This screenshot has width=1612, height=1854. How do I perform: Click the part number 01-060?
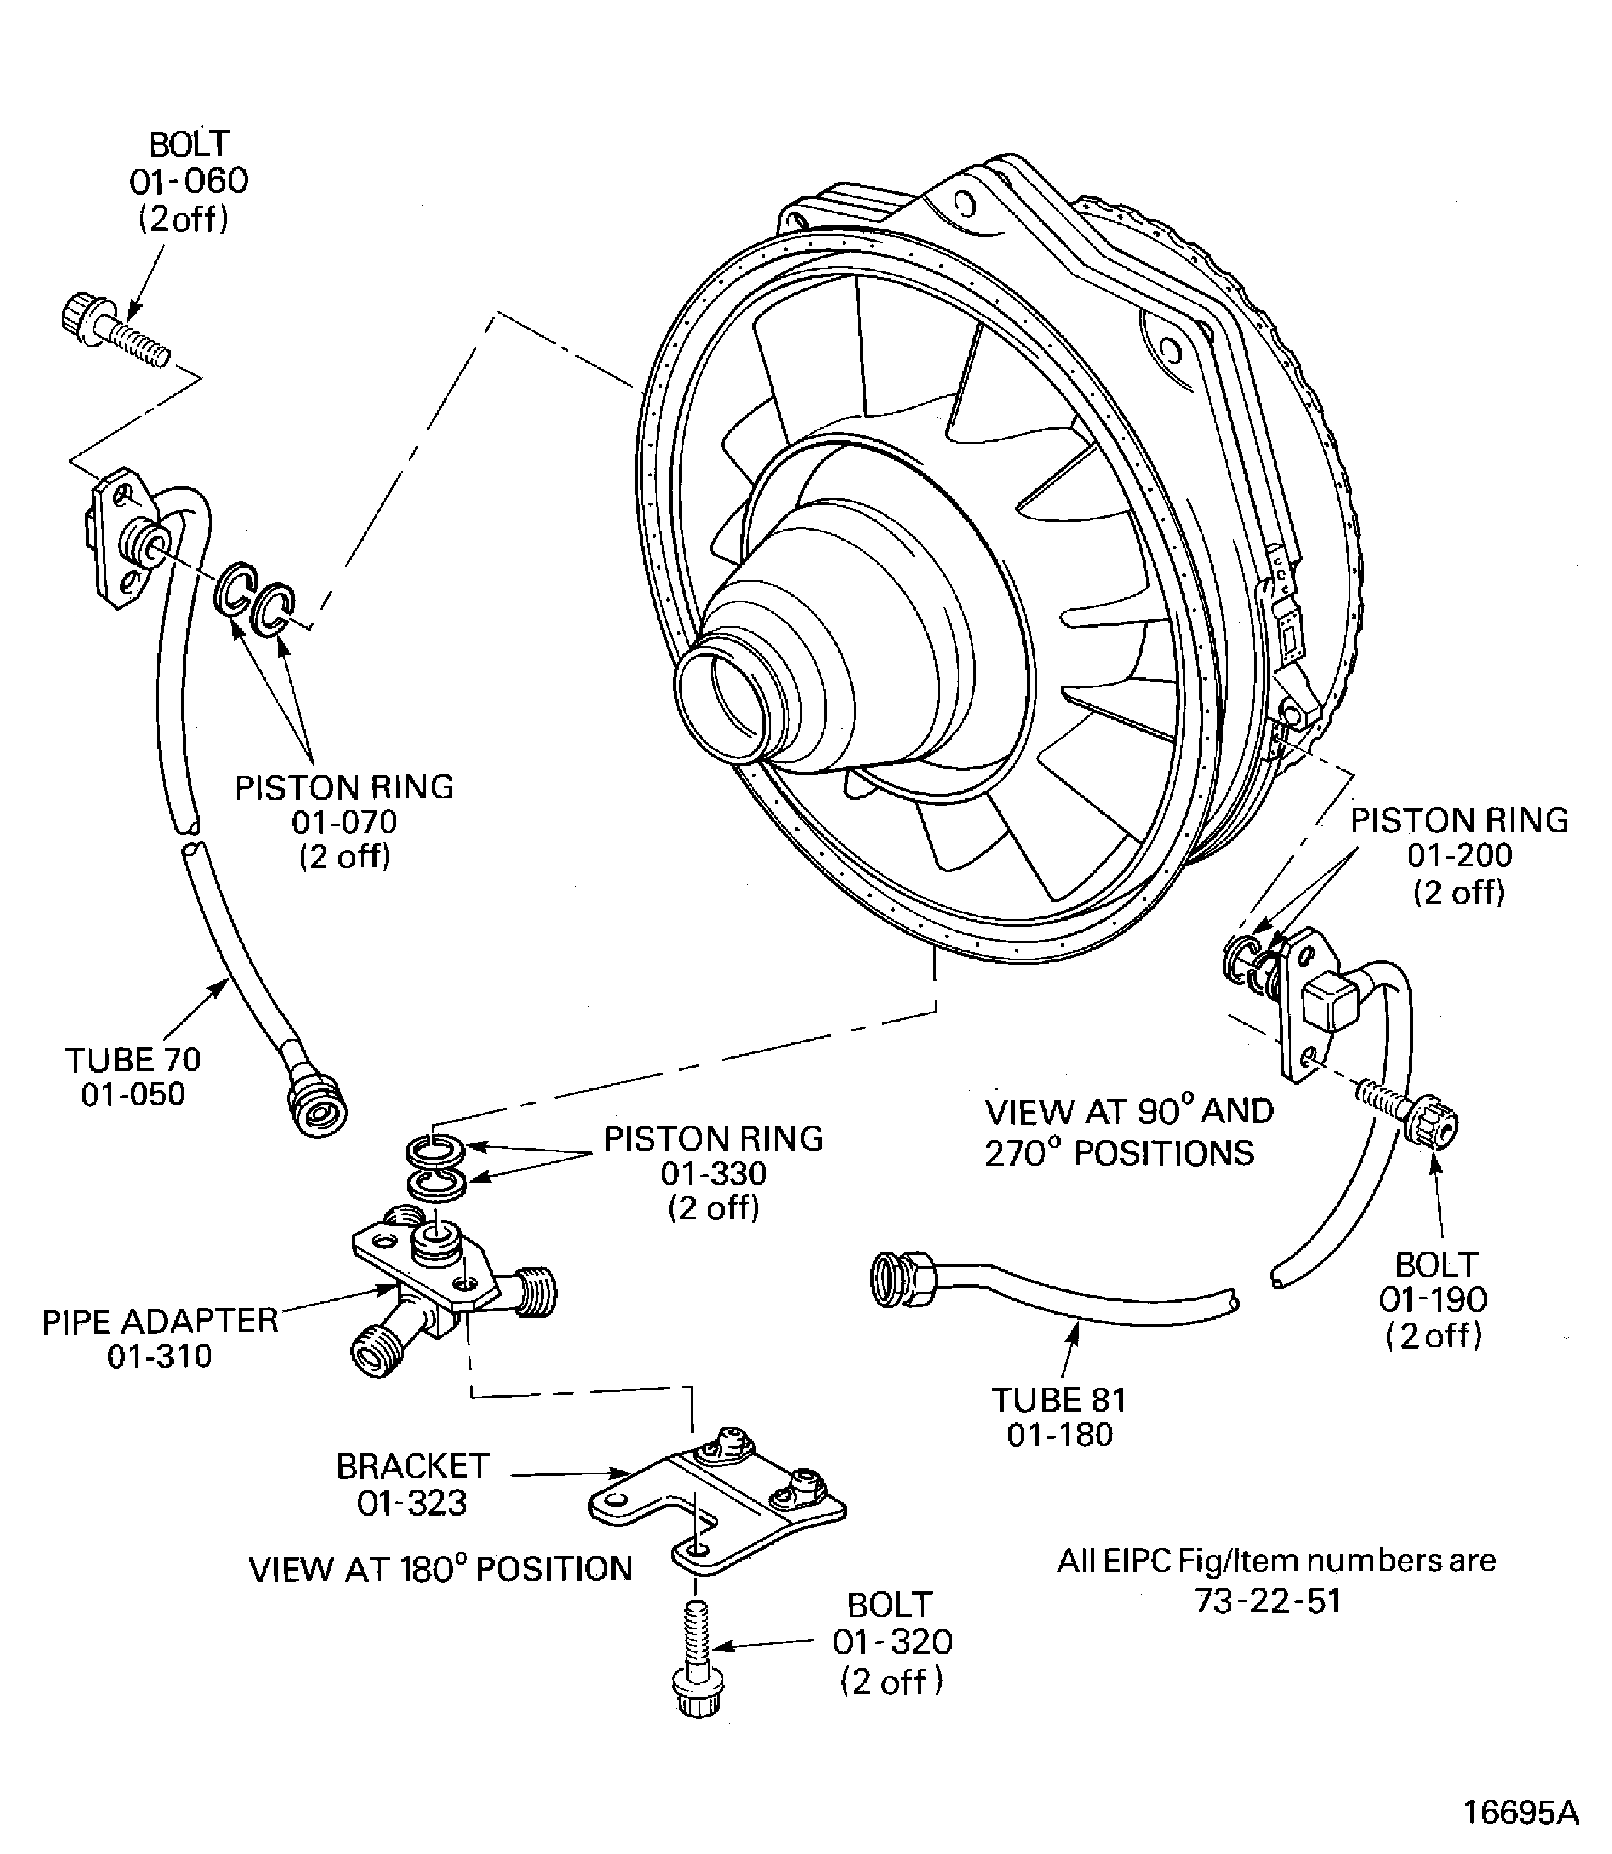click(x=189, y=182)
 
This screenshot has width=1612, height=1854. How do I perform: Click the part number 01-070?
click(x=344, y=821)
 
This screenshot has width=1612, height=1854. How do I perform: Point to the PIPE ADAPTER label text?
click(x=160, y=1321)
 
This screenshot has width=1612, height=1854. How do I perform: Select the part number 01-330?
click(x=713, y=1173)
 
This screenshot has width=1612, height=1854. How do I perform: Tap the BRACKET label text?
click(x=413, y=1466)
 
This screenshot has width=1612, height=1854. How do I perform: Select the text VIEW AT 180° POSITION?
click(x=441, y=1569)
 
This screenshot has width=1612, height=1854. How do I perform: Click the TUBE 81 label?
click(x=1059, y=1399)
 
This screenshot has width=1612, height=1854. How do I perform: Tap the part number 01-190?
click(x=1434, y=1299)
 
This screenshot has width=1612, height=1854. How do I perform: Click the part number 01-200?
click(x=1459, y=855)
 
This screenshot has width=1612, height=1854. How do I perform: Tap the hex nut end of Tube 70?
click(x=315, y=1107)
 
